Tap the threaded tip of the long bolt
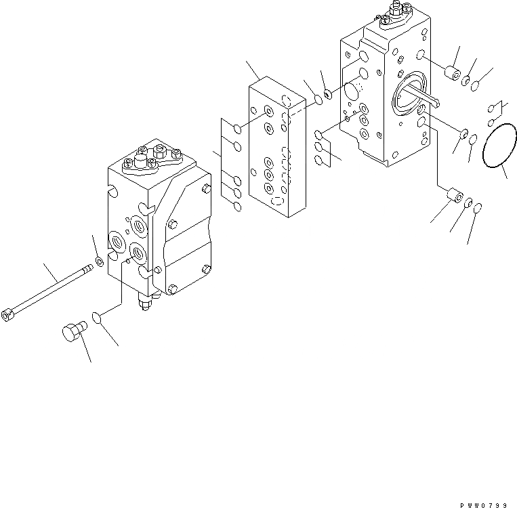pyautogui.click(x=87, y=271)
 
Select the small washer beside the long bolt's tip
pyautogui.click(x=100, y=261)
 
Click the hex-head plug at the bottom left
pyautogui.click(x=69, y=334)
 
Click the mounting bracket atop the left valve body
pyautogui.click(x=152, y=161)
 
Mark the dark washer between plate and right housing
pyautogui.click(x=328, y=94)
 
